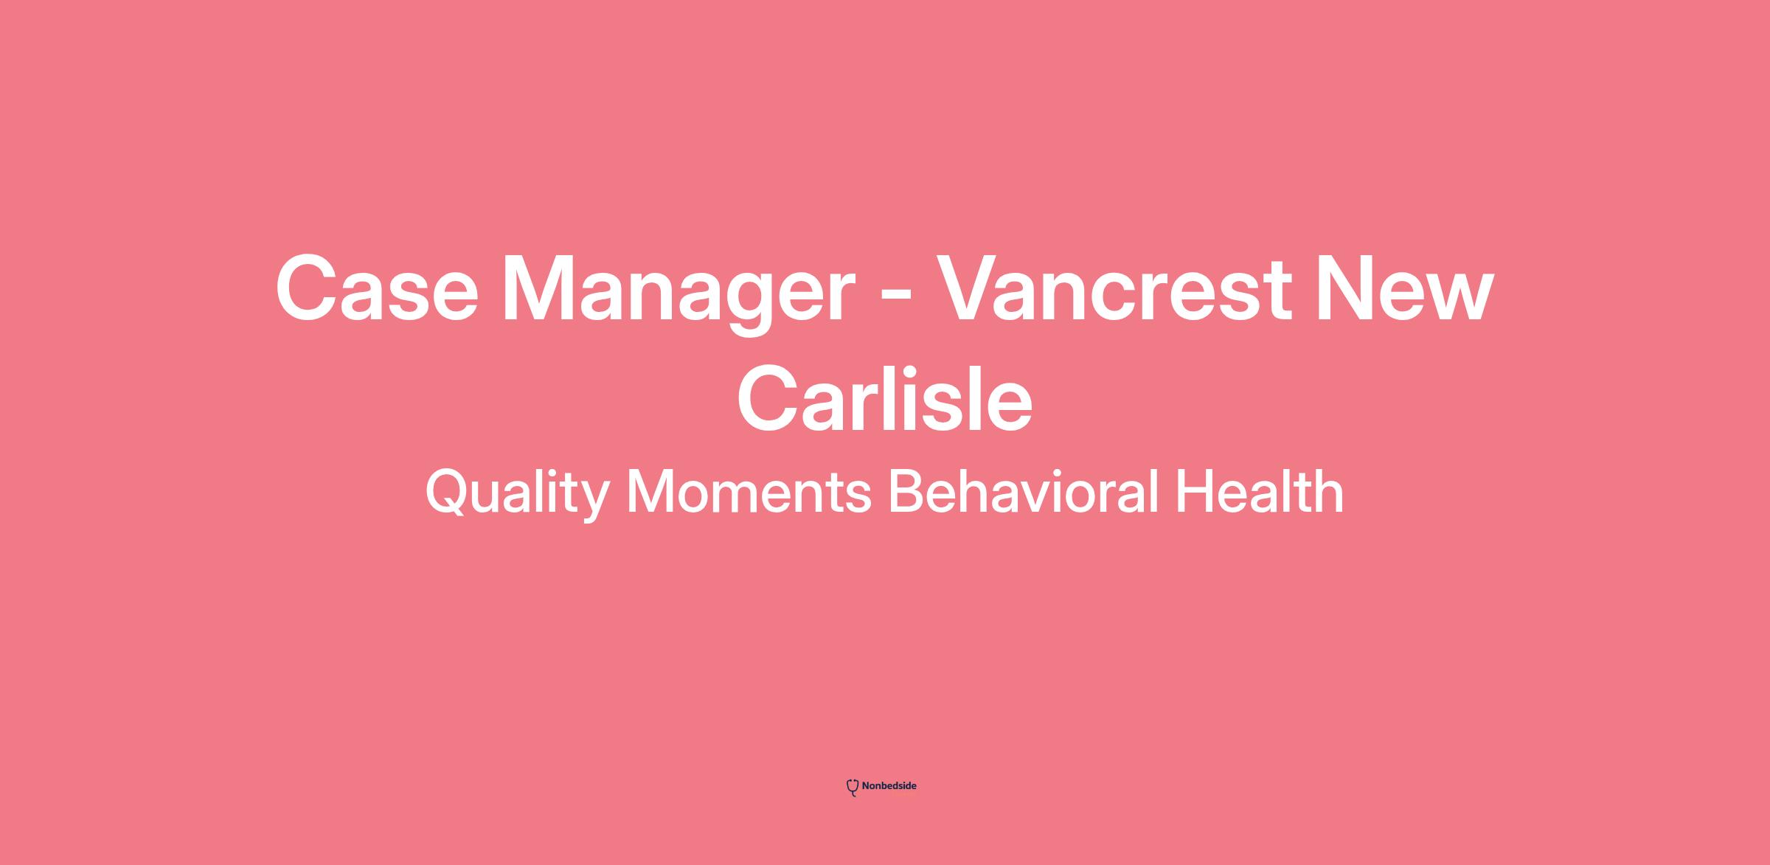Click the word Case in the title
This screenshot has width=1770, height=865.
377,288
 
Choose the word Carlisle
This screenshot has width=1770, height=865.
885,399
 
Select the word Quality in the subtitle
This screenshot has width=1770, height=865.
517,493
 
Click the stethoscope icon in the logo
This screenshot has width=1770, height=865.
853,788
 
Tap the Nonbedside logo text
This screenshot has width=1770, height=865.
889,786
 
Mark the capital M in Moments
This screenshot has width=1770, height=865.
650,492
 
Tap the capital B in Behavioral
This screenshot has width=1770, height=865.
906,492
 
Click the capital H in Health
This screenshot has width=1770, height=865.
1194,492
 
